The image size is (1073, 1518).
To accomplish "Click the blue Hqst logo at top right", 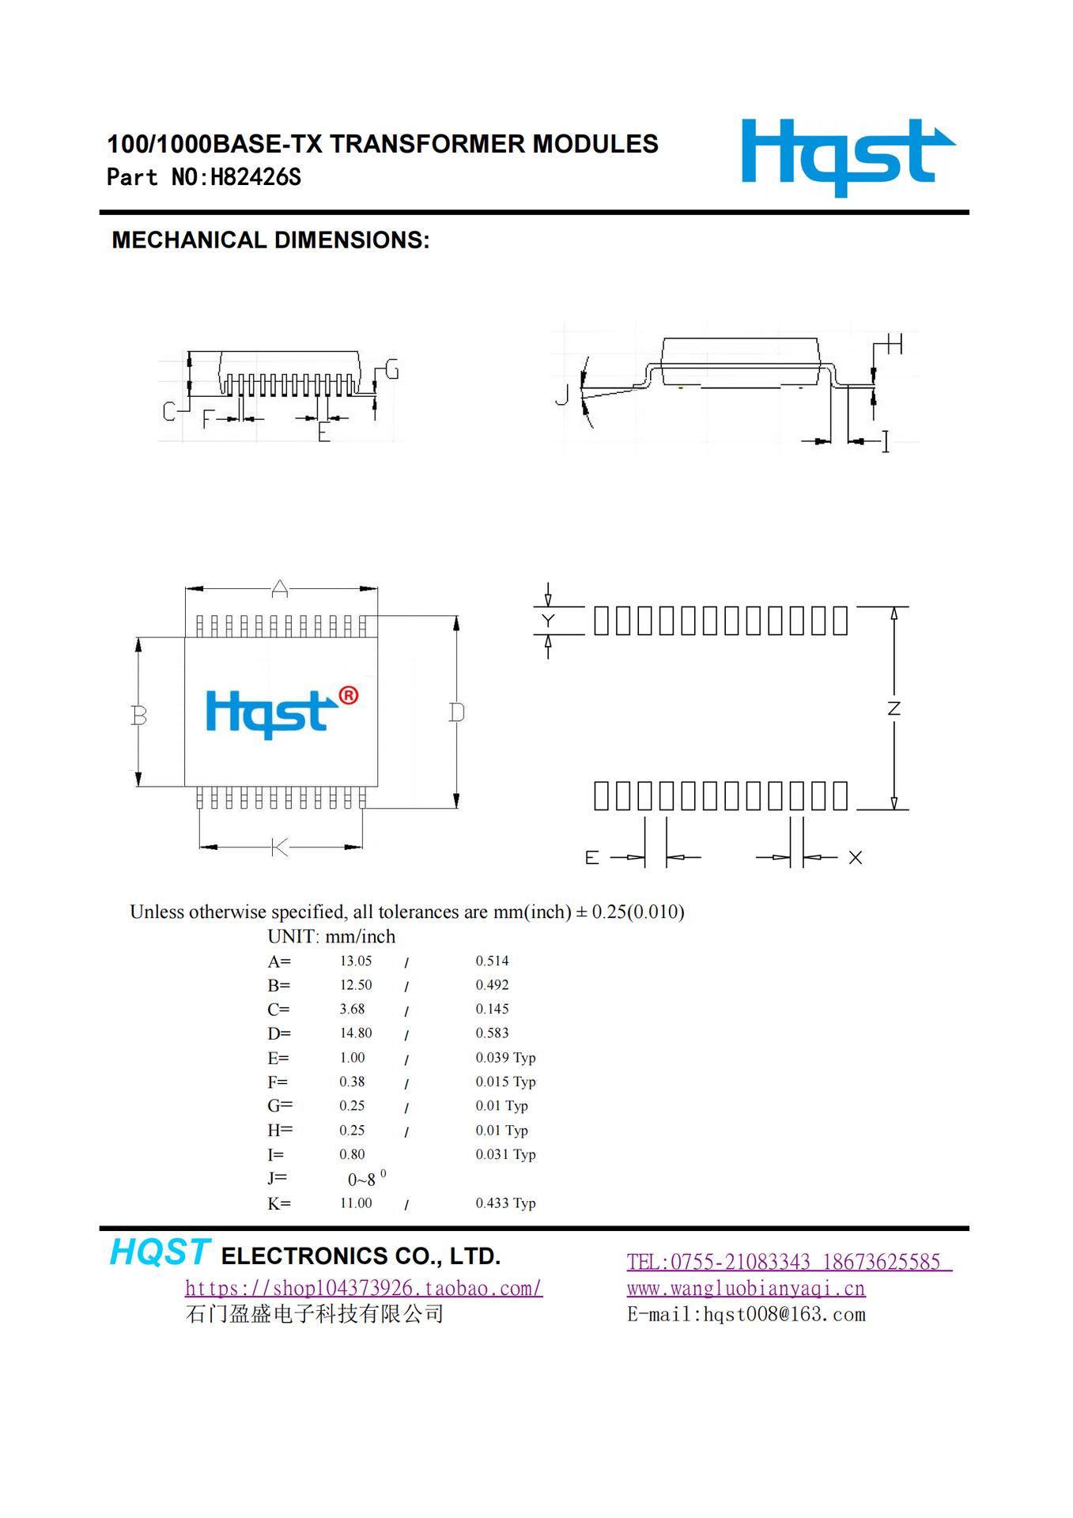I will click(847, 157).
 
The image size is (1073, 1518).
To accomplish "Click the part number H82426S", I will click(255, 177).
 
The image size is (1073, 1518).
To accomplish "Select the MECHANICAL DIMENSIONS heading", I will click(270, 240).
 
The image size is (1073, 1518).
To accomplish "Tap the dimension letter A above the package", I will click(280, 588).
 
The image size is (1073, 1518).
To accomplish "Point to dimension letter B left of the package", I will click(139, 716).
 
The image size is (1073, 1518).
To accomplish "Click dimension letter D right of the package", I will click(456, 712).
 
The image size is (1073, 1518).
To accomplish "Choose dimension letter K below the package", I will click(279, 848).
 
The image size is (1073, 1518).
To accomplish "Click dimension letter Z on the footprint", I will click(894, 708).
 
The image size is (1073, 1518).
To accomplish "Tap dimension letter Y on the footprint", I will click(548, 621).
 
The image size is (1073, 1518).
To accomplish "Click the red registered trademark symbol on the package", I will click(348, 696).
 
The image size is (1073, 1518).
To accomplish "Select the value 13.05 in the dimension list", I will click(356, 961).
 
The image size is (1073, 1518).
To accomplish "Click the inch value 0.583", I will click(492, 1033).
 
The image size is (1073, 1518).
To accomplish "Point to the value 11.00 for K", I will click(356, 1203).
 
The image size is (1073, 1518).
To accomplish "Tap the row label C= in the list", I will click(278, 1010).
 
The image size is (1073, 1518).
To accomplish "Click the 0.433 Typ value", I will click(505, 1203).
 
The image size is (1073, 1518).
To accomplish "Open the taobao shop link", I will click(364, 1289).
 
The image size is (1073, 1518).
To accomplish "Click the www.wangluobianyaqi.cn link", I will click(746, 1289).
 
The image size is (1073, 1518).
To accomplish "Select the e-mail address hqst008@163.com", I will click(784, 1315).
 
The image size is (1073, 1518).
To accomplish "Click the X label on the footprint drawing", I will click(855, 858).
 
